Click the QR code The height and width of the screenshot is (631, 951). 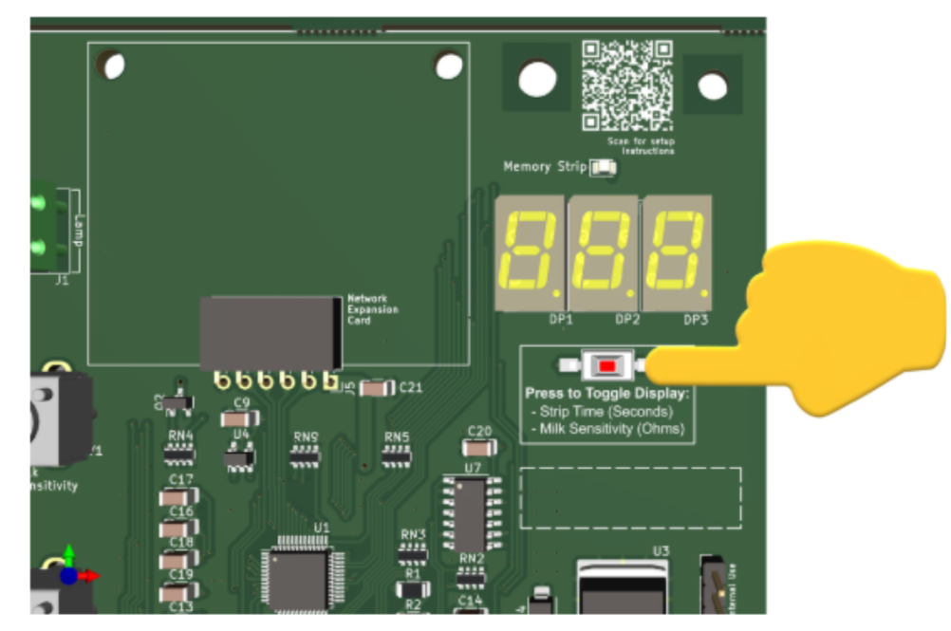coord(626,85)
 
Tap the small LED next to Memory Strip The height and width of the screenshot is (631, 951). coord(602,169)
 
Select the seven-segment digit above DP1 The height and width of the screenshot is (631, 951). coord(530,251)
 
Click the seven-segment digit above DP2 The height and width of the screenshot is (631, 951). coord(603,251)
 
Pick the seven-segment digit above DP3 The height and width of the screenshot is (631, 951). coord(676,251)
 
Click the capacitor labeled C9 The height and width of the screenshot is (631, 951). coord(240,418)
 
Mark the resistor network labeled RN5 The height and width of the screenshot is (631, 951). coord(396,456)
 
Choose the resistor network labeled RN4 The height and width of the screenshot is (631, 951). coord(179,454)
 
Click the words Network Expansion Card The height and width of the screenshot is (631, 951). coord(373,309)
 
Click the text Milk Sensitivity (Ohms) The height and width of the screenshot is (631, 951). coord(611,429)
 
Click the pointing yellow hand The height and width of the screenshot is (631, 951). coord(835,327)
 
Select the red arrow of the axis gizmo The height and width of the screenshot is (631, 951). coord(89,575)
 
